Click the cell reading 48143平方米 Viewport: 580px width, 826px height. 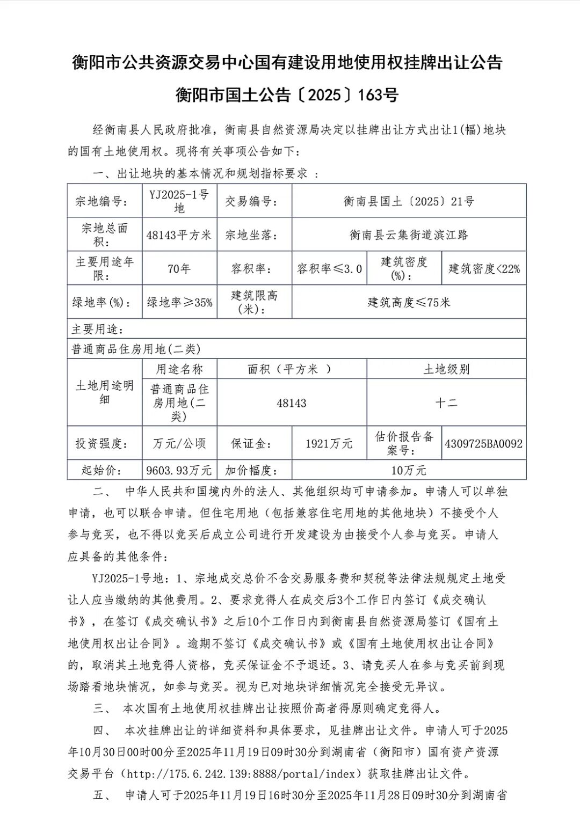tap(179, 235)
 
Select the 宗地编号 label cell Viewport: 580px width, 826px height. tap(102, 202)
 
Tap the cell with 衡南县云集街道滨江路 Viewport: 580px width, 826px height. tap(409, 235)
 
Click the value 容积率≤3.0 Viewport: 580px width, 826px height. tap(329, 269)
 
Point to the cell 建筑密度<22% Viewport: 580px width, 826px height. tap(484, 269)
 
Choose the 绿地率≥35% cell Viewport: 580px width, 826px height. tap(179, 303)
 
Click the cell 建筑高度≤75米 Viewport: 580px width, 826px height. tap(409, 303)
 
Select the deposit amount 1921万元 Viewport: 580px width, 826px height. tap(329, 443)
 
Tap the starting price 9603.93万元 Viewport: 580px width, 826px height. tap(179, 471)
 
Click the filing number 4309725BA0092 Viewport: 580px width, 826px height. tap(483, 443)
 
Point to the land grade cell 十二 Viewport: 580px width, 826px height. tap(446, 403)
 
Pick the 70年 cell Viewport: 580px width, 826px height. tap(179, 269)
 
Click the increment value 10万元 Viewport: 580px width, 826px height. tap(409, 471)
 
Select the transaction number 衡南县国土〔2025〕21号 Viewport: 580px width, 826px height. tap(409, 202)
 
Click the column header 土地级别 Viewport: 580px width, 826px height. tap(446, 369)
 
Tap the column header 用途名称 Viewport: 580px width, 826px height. tap(179, 369)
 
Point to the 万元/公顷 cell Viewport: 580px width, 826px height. tap(179, 443)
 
